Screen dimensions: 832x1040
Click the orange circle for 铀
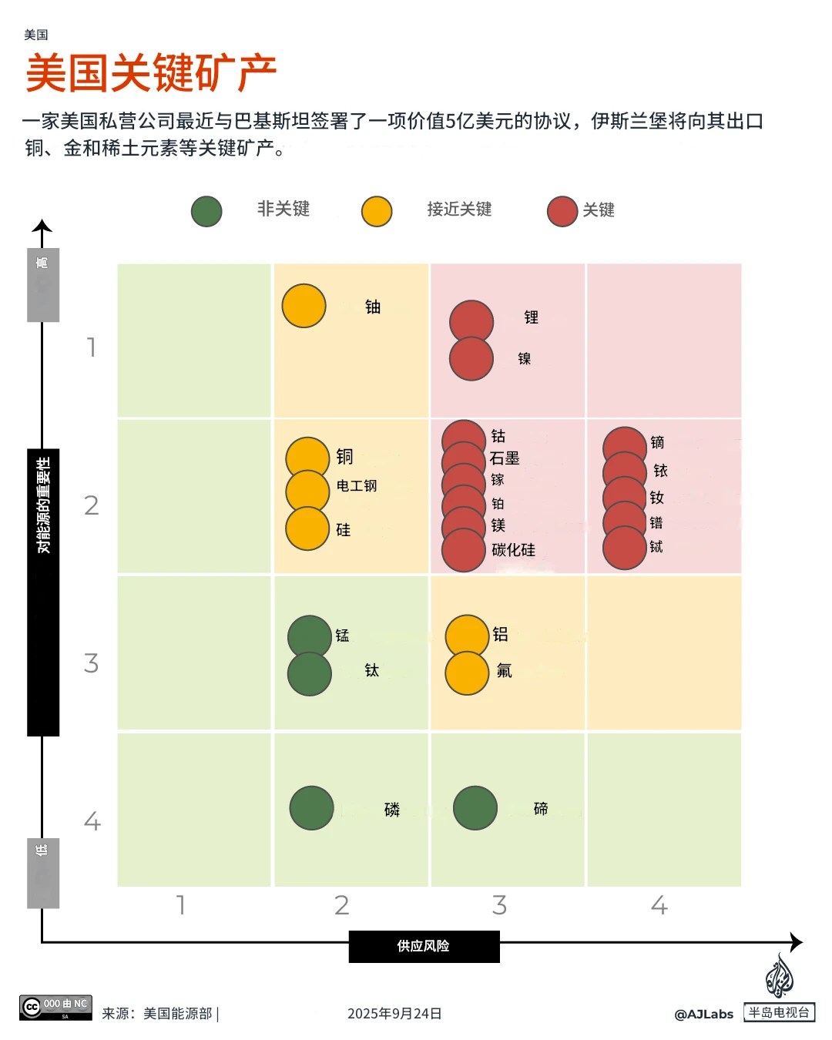click(304, 305)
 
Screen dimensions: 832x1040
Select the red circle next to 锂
click(471, 322)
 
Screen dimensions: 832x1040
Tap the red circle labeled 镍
click(471, 358)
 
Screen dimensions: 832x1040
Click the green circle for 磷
click(311, 808)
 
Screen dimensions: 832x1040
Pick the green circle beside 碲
click(475, 808)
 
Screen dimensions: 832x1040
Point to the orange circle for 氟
click(467, 673)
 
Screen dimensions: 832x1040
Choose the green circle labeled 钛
click(310, 673)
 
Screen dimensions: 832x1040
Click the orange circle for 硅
click(307, 528)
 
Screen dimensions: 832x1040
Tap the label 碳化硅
click(513, 550)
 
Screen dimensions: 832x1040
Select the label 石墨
click(505, 458)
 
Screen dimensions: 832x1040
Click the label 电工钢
click(356, 485)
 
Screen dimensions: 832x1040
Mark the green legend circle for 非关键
click(206, 211)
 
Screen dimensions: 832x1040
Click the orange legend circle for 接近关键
click(377, 211)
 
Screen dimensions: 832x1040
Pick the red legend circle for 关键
click(562, 211)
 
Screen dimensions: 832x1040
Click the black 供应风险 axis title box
click(424, 947)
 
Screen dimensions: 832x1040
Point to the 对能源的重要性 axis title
click(43, 505)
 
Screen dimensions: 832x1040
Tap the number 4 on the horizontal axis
click(659, 905)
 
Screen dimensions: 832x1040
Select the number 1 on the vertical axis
click(92, 347)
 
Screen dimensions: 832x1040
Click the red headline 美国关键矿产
click(151, 73)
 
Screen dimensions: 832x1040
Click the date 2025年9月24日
click(394, 1013)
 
